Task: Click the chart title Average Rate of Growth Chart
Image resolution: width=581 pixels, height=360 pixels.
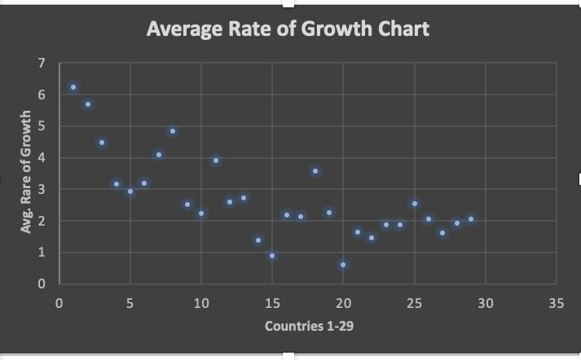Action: click(x=288, y=29)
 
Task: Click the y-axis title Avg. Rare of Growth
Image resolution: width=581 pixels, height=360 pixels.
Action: click(x=26, y=173)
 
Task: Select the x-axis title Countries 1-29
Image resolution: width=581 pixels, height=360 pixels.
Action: click(x=309, y=327)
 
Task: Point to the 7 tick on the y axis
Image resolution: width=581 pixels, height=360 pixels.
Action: click(x=42, y=64)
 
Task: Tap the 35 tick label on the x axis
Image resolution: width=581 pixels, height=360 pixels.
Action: click(x=557, y=303)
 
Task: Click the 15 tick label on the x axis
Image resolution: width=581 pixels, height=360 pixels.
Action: click(x=272, y=303)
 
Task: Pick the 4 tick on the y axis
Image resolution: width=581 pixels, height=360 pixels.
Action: click(x=42, y=158)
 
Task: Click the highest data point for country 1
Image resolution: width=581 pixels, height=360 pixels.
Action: click(x=73, y=87)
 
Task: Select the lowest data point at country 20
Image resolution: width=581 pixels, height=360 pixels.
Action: click(x=343, y=265)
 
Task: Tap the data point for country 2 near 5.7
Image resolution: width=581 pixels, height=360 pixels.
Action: click(x=88, y=104)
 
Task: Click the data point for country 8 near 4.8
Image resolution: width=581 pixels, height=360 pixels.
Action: click(x=173, y=131)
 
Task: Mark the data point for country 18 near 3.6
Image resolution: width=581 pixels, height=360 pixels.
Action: click(x=315, y=171)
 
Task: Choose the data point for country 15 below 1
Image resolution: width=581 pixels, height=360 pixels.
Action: click(x=272, y=256)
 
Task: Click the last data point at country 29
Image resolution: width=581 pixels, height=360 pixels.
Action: click(x=471, y=219)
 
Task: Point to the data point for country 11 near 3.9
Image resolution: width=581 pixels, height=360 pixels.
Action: click(x=216, y=160)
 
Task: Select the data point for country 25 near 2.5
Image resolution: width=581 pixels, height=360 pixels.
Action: click(x=415, y=204)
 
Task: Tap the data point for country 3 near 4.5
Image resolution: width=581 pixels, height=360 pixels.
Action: click(x=102, y=143)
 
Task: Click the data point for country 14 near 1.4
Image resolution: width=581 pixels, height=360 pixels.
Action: click(x=258, y=240)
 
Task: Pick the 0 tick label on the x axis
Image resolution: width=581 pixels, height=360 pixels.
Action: click(x=59, y=303)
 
